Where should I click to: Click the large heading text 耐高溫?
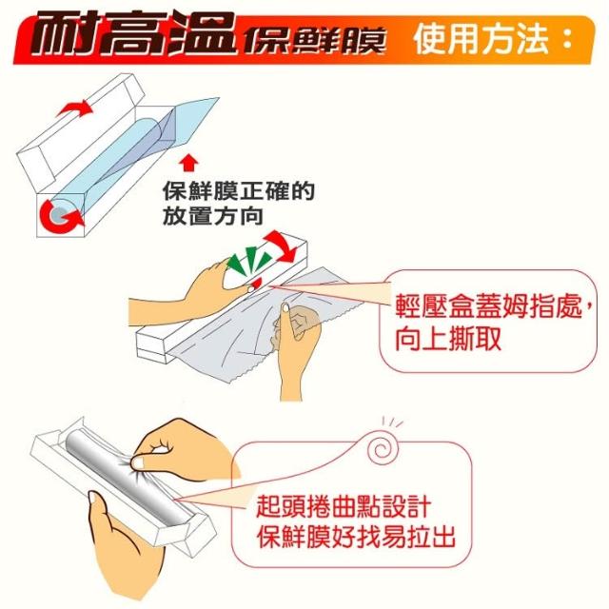(x=134, y=34)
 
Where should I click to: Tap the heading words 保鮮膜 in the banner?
(x=314, y=40)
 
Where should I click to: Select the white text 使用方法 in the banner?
(x=481, y=39)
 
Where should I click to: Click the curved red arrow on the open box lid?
(x=75, y=108)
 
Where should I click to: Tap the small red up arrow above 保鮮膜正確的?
(x=188, y=163)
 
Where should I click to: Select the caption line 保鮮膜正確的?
(x=239, y=190)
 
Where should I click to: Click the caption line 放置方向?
(x=213, y=216)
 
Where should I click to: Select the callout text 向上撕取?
(x=448, y=339)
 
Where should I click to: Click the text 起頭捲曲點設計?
(x=344, y=506)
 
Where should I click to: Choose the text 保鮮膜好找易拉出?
(x=355, y=537)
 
